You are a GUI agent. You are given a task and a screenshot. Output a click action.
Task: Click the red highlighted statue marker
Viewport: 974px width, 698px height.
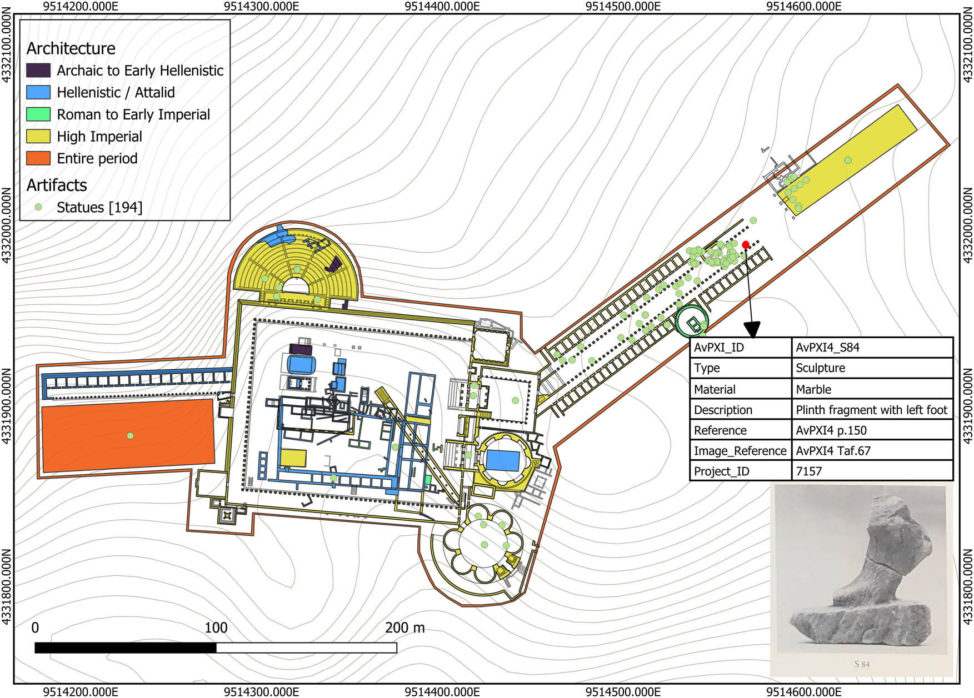pos(745,244)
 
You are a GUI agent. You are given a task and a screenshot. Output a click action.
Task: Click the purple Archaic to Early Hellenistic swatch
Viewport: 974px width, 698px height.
pos(38,71)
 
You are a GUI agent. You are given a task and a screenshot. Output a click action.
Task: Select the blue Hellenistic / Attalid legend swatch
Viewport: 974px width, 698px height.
pos(38,92)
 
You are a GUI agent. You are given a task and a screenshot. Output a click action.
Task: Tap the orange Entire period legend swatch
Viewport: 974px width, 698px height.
pos(38,158)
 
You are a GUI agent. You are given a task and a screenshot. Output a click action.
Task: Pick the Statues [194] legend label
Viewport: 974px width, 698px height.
pos(99,207)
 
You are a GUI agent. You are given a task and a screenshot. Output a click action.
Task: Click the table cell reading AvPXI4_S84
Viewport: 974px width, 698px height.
pos(827,348)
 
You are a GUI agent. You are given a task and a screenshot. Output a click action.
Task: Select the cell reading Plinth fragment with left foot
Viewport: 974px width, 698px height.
pos(871,410)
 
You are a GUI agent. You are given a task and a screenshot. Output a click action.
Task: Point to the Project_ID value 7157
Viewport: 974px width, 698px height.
pos(808,471)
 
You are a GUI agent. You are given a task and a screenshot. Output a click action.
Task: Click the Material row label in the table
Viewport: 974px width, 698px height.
pos(715,389)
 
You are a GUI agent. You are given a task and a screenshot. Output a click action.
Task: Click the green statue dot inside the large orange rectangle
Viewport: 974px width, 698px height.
pos(130,435)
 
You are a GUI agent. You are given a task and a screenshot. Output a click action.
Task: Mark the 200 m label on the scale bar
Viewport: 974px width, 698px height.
pos(404,628)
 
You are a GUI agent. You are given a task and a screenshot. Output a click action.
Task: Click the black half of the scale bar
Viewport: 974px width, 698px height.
pos(125,647)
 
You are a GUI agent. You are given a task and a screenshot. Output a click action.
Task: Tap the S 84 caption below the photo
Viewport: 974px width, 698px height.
pos(861,664)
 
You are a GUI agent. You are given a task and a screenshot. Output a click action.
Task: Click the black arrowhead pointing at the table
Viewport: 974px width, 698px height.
pos(752,330)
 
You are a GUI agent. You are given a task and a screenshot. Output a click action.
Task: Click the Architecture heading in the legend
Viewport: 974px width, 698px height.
pos(71,48)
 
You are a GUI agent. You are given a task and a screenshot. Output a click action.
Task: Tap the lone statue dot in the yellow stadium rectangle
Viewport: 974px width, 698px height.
pos(848,160)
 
